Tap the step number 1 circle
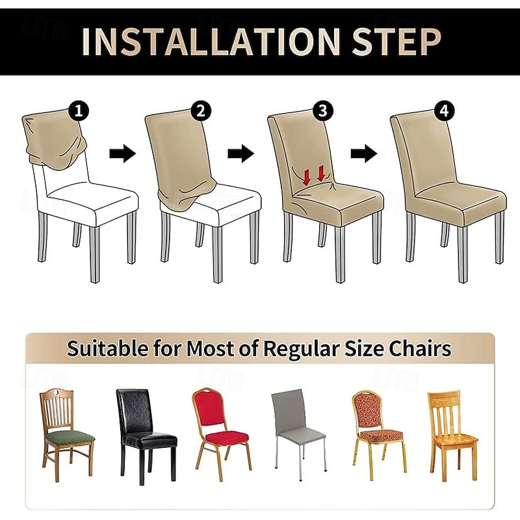pos(79,110)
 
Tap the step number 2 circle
pos(200,110)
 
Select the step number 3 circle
pos(322,110)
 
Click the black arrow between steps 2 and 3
pos(240,154)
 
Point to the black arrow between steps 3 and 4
pos(363,154)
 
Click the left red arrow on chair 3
pos(307,174)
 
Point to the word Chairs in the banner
pos(420,349)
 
